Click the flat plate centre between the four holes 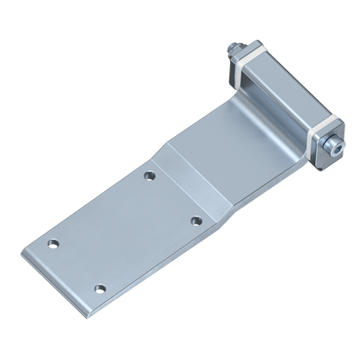pyautogui.click(x=127, y=232)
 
